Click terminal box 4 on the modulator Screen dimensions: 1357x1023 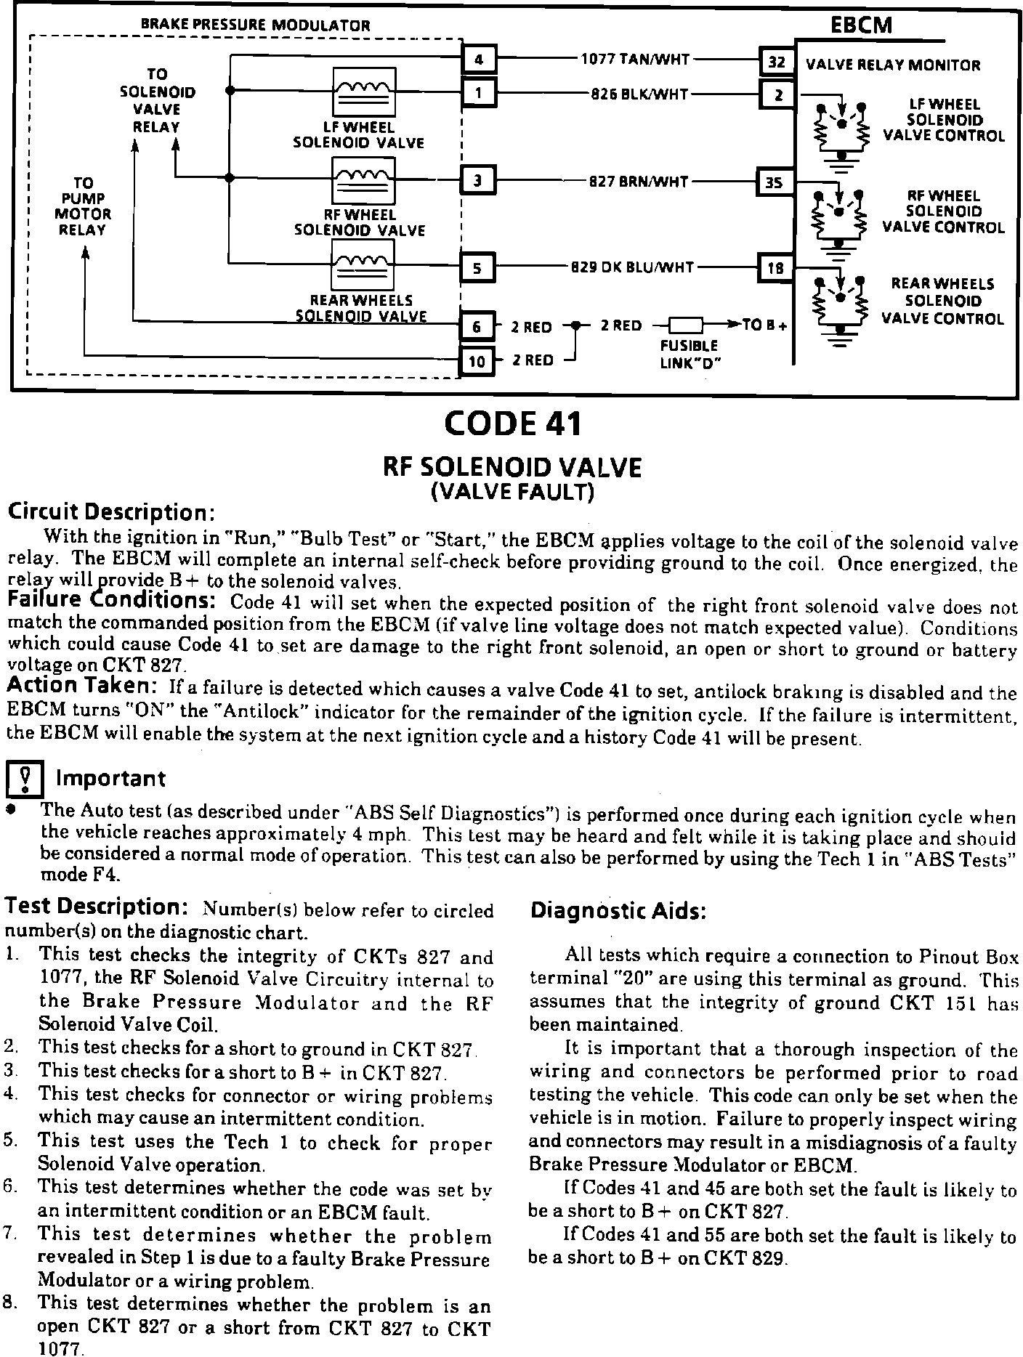point(479,60)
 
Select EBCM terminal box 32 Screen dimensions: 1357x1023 point(776,62)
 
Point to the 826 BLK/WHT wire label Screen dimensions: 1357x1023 point(639,94)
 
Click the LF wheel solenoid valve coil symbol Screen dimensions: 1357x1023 point(364,92)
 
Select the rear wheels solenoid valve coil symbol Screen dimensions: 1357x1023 point(363,265)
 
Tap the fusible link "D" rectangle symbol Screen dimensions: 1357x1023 point(685,326)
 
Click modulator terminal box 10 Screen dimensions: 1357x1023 point(477,361)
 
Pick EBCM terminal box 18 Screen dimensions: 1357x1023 point(775,268)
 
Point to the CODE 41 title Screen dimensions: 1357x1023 point(512,424)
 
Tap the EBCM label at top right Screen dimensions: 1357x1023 point(861,25)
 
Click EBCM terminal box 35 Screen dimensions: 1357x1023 point(775,182)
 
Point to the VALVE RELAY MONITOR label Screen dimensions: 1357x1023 point(893,65)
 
